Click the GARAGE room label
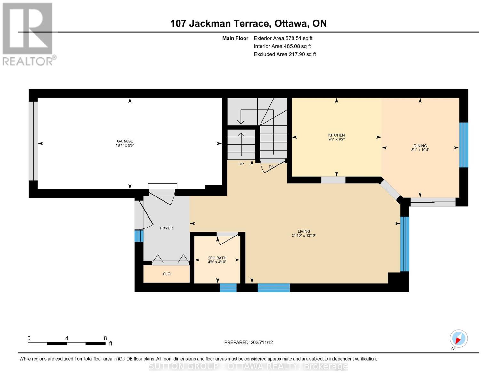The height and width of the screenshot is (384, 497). [125, 141]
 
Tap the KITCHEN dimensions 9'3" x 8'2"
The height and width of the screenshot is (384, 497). [336, 140]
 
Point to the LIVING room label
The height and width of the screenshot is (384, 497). [304, 231]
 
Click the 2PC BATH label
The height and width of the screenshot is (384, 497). [217, 258]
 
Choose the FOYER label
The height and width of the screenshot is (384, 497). [166, 228]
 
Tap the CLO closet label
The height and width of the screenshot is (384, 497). [166, 274]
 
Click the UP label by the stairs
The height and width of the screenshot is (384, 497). [241, 164]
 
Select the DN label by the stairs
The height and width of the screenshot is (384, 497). [271, 167]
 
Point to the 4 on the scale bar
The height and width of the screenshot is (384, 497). [67, 338]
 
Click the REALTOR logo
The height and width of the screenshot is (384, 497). [28, 34]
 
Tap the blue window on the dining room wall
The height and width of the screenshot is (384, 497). [463, 145]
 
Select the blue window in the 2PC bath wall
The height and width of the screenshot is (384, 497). [228, 288]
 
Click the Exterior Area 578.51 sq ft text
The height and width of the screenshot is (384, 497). [283, 38]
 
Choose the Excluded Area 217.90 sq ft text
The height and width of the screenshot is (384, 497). [285, 54]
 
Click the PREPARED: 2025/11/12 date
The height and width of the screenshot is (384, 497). [248, 342]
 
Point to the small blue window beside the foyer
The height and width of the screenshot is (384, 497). [139, 236]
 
